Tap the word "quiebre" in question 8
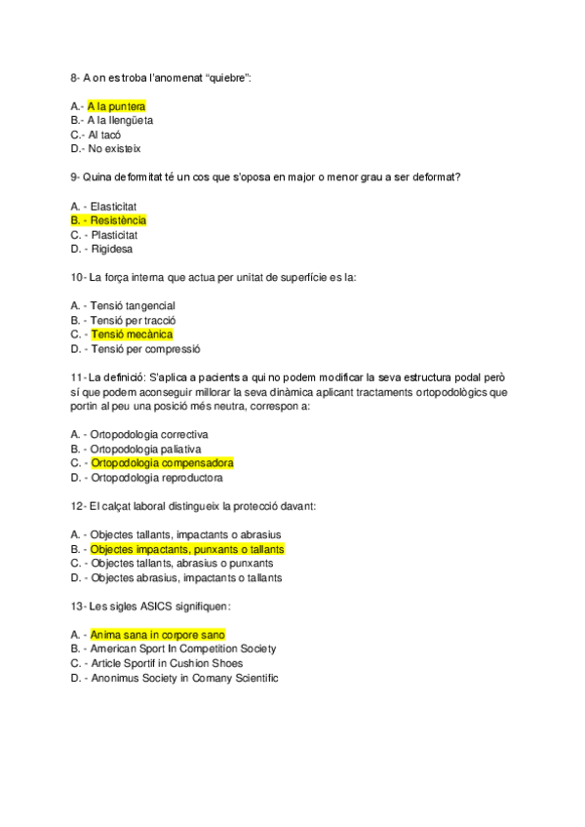point(228,77)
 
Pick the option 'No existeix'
point(114,149)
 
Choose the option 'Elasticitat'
point(113,206)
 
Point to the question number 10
point(77,277)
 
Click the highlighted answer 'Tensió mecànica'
point(132,335)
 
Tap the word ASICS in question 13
point(152,606)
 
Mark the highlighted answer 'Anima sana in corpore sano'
point(157,635)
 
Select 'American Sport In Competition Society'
point(182,649)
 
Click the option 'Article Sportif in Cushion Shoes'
point(166,663)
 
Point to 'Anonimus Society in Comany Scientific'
point(183,678)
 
